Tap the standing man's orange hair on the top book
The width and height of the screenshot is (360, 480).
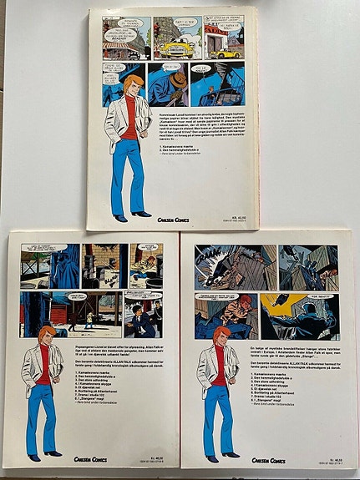point(129,86)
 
